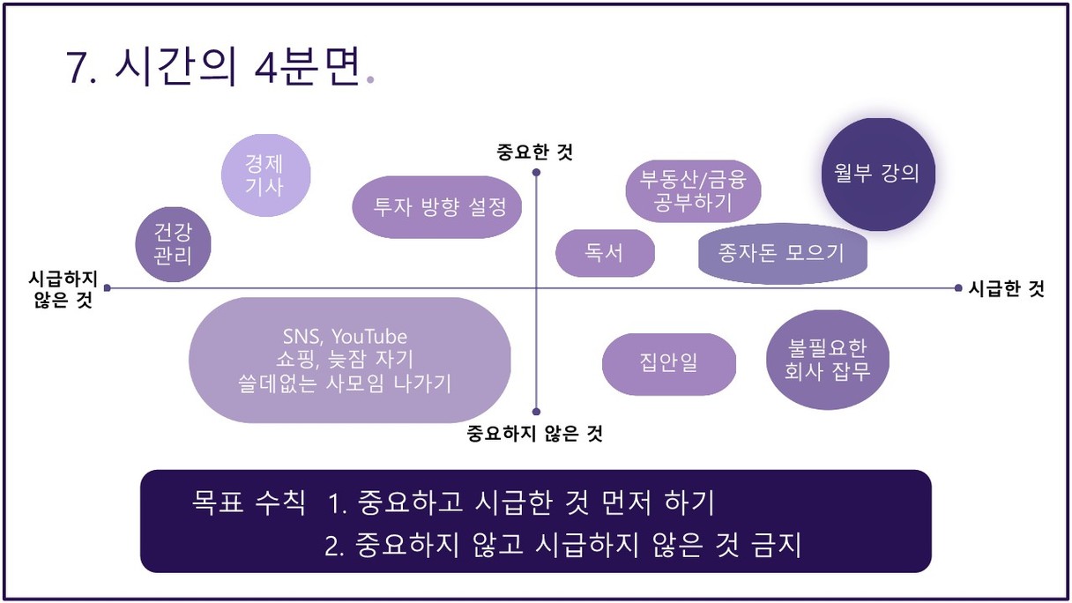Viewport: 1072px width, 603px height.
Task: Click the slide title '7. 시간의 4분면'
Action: tap(213, 67)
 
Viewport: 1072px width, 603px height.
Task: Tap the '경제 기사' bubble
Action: tap(265, 175)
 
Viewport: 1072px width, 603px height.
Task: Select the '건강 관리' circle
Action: tap(173, 244)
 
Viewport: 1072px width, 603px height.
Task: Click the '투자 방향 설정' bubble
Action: tap(437, 207)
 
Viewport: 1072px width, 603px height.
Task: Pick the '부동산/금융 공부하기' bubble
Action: tap(693, 191)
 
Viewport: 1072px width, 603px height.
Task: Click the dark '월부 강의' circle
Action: tap(878, 175)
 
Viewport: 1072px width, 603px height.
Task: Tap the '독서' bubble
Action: tap(605, 253)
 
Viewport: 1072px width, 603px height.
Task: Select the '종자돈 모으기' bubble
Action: tap(783, 253)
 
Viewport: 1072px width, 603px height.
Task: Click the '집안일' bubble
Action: tap(668, 364)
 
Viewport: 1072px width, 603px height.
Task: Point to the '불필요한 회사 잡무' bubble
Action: tap(828, 360)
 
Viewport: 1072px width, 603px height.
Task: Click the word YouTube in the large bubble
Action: tap(369, 337)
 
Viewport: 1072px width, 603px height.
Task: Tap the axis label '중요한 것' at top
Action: tap(534, 153)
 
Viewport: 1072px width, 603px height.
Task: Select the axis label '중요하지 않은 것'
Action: tap(534, 434)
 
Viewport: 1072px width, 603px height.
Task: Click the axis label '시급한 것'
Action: tap(1006, 288)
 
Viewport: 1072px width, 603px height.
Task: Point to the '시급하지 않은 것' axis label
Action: tap(63, 289)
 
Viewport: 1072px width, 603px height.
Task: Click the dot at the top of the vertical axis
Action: tap(536, 172)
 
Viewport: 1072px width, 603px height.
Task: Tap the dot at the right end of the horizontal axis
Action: tap(958, 287)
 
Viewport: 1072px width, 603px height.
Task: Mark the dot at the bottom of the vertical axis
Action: tap(536, 412)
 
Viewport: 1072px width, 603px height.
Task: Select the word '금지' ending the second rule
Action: tap(776, 545)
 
